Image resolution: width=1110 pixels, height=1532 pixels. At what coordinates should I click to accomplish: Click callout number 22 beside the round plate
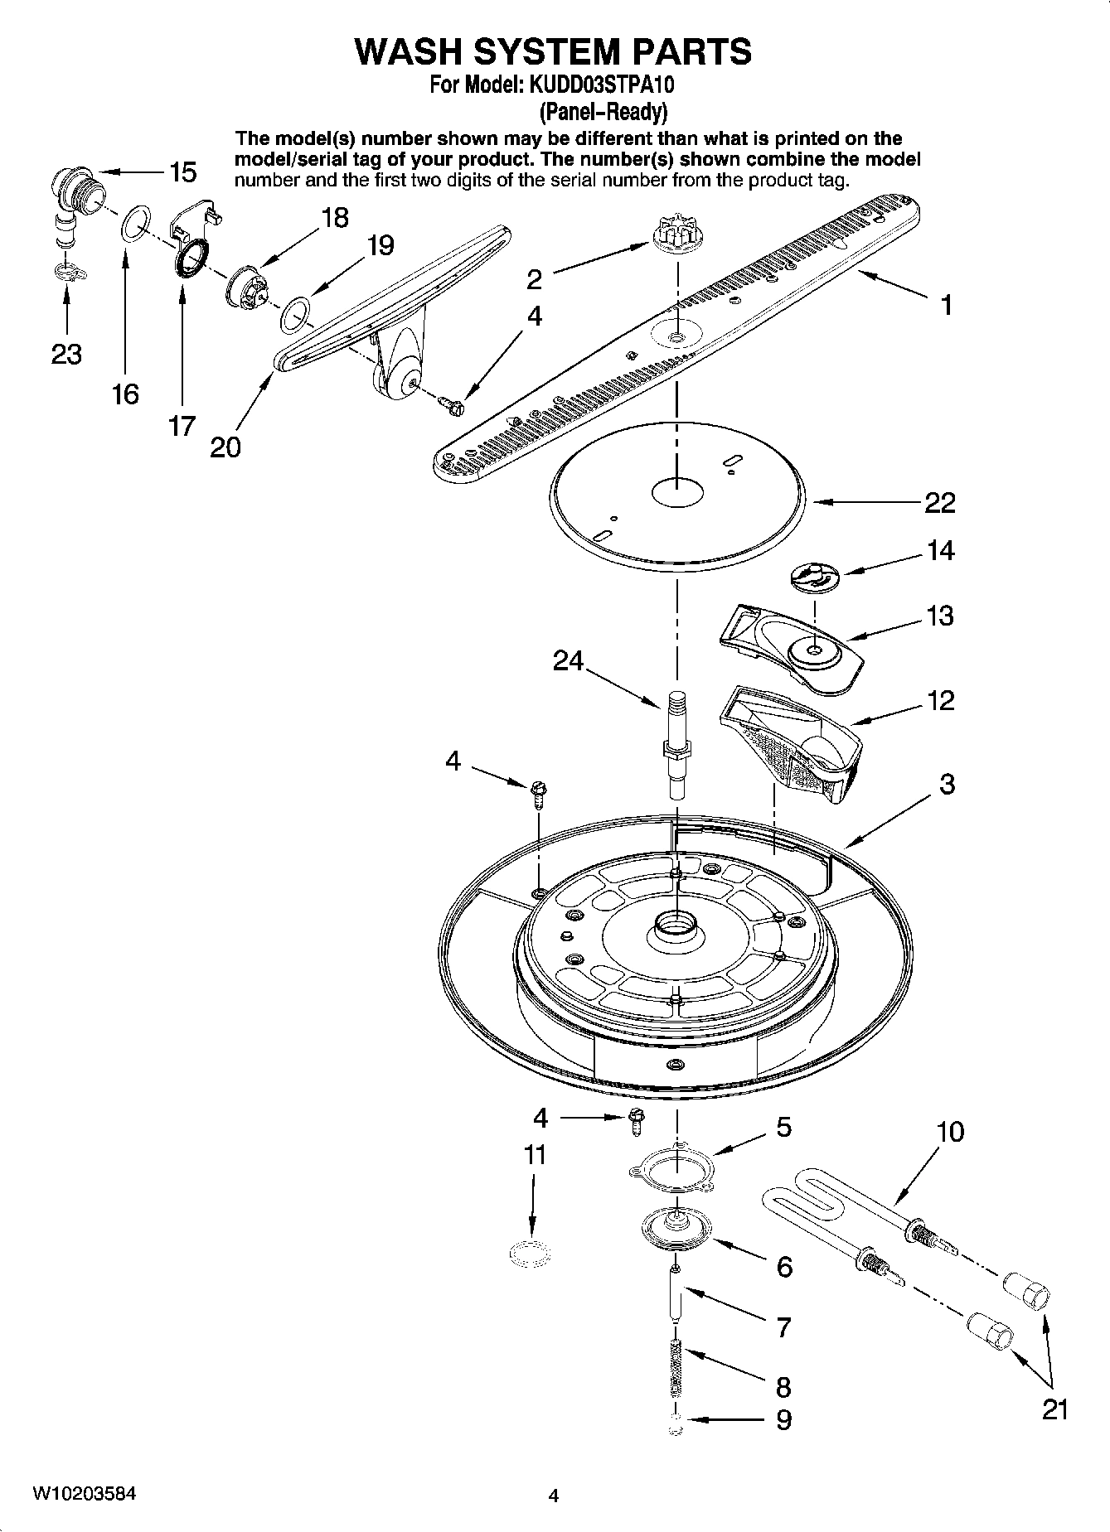pos(939,502)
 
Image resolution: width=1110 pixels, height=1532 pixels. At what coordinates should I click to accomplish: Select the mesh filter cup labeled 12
pos(791,747)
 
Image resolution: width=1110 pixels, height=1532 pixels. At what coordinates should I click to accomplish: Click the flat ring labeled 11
pos(531,1255)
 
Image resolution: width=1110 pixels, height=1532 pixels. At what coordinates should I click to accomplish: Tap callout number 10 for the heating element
pos(950,1131)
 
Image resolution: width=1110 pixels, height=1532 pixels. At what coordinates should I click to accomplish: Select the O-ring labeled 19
pos(294,316)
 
